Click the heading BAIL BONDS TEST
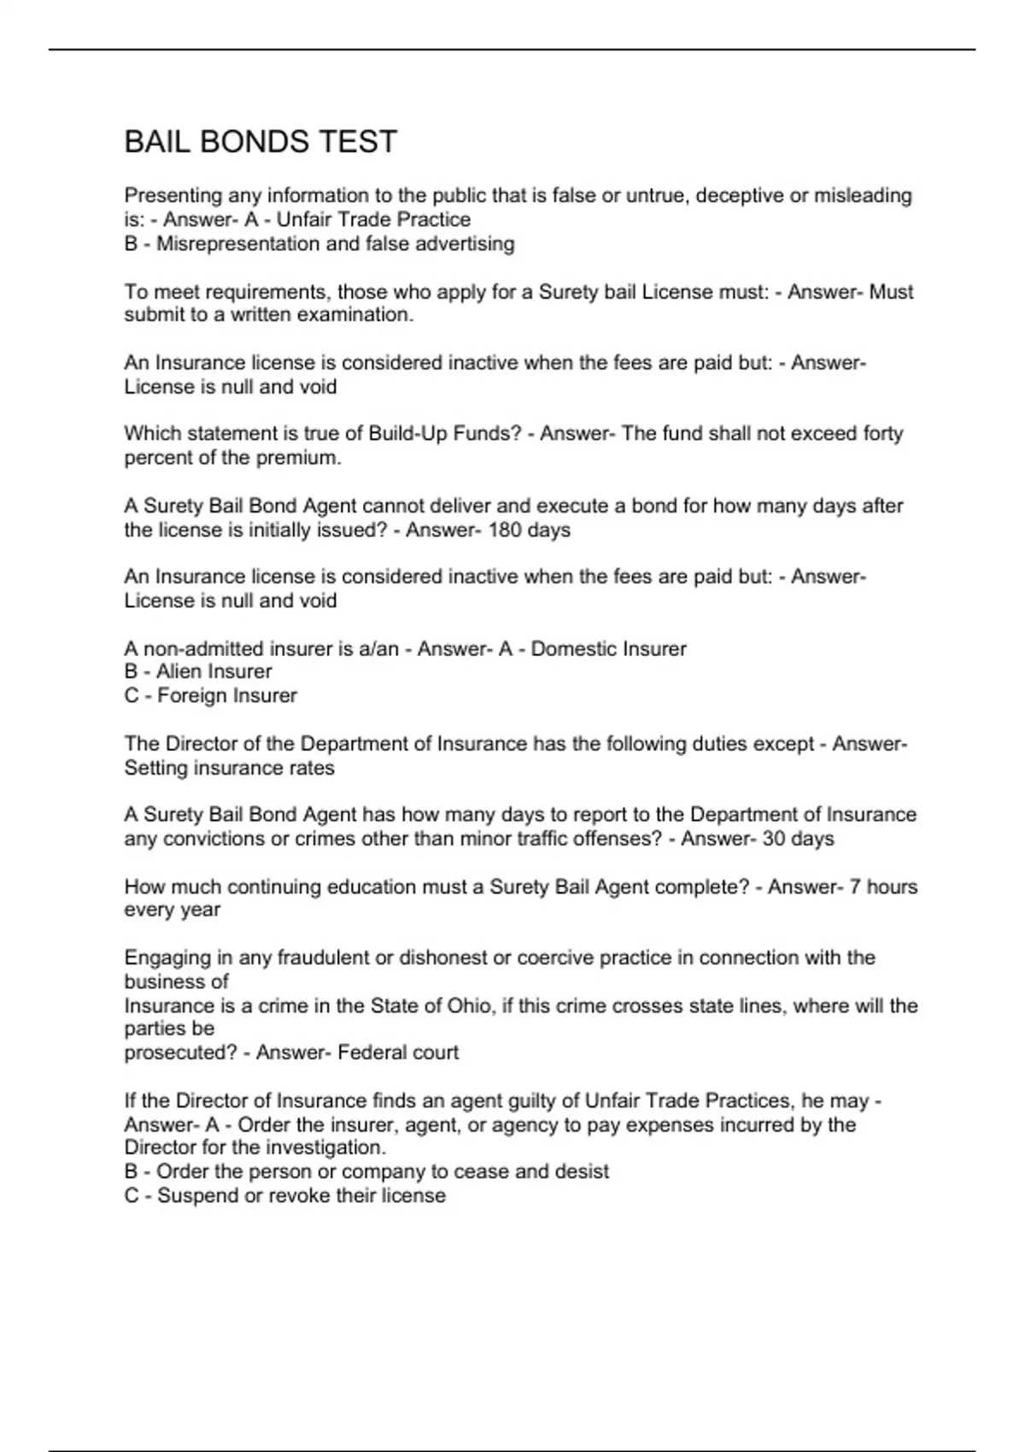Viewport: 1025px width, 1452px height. (261, 142)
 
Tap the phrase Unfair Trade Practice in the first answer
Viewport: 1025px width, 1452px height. (373, 220)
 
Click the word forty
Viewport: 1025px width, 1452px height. (882, 434)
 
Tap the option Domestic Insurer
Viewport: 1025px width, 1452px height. (608, 649)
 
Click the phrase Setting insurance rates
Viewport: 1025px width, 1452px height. (229, 768)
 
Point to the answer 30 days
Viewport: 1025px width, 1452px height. (798, 839)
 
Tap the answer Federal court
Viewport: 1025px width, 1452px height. (398, 1053)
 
